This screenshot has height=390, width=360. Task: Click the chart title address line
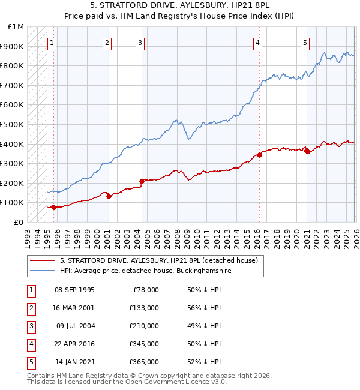coord(179,5)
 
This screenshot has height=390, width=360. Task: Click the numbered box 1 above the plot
coord(53,43)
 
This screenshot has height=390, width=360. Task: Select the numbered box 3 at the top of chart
coord(140,43)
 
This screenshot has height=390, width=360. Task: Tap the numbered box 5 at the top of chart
coord(305,43)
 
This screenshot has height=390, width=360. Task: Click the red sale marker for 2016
coord(260,155)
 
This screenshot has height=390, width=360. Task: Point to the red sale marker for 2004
coord(142,181)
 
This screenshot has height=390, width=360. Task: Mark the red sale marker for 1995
coord(53,207)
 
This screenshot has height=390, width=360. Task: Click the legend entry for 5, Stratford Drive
coord(158,260)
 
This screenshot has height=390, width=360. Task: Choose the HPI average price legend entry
coord(145,271)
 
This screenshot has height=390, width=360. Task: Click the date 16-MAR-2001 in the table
coord(74,307)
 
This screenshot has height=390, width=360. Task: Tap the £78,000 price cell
coord(145,289)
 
